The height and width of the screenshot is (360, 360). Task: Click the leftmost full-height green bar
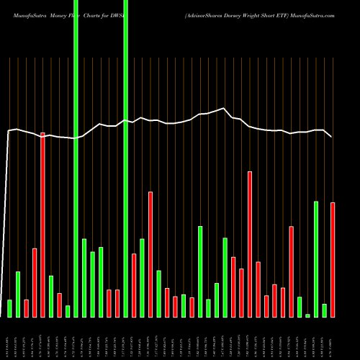tap(76, 158)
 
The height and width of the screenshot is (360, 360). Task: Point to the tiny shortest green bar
tap(307, 315)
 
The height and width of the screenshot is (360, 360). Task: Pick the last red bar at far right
tap(333, 259)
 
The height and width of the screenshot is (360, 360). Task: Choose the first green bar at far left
tap(9, 308)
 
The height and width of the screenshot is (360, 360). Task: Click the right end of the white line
tap(331, 136)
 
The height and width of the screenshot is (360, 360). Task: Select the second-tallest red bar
tap(250, 244)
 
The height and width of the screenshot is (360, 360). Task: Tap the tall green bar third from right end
tap(316, 259)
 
